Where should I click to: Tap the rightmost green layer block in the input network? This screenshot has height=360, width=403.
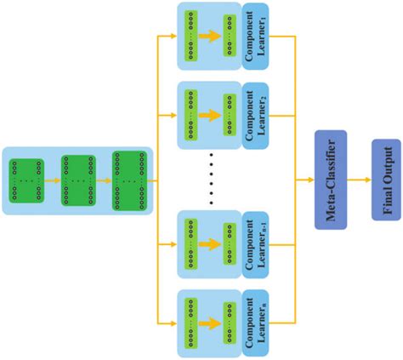[x=128, y=180]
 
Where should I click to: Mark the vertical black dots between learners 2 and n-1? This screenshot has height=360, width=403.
[x=210, y=180]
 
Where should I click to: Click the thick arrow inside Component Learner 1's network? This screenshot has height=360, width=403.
[x=208, y=37]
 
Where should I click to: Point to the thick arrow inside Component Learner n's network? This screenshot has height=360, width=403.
[x=208, y=322]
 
